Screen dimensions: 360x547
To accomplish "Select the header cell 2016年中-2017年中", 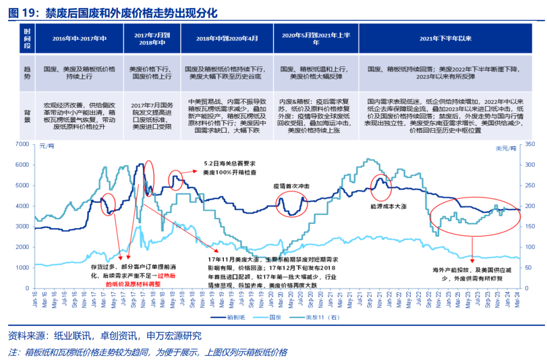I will click(x=80, y=38).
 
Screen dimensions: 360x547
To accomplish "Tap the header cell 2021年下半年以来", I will click(x=445, y=38).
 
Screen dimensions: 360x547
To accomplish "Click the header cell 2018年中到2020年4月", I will click(x=226, y=38).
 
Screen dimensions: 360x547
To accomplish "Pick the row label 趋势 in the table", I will click(x=27, y=73).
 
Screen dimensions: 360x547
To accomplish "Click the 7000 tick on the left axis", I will click(x=23, y=144).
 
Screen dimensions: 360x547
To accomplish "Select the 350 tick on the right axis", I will click(x=530, y=144).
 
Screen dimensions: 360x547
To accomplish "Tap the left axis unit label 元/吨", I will click(x=47, y=147).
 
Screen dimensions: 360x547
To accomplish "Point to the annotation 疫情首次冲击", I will click(x=292, y=186).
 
